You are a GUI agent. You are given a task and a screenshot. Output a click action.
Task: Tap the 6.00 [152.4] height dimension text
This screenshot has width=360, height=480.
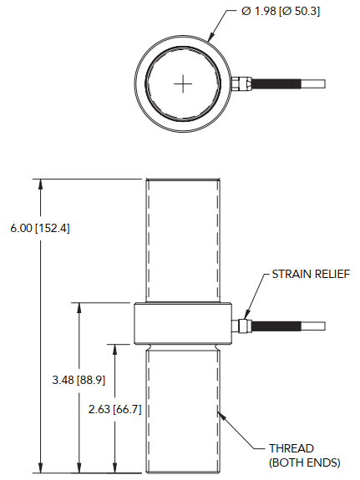tap(39, 227)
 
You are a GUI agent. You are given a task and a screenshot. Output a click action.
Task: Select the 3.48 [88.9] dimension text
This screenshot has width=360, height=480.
tap(78, 380)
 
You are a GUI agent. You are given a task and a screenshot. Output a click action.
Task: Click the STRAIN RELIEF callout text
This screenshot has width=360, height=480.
tap(310, 274)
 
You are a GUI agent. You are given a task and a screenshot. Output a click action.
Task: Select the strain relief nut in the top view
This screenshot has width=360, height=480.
tap(241, 83)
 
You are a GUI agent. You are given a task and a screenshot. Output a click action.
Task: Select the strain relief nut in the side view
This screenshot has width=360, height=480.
tap(243, 326)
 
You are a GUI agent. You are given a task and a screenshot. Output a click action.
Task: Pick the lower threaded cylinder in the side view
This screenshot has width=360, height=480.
tap(184, 409)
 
